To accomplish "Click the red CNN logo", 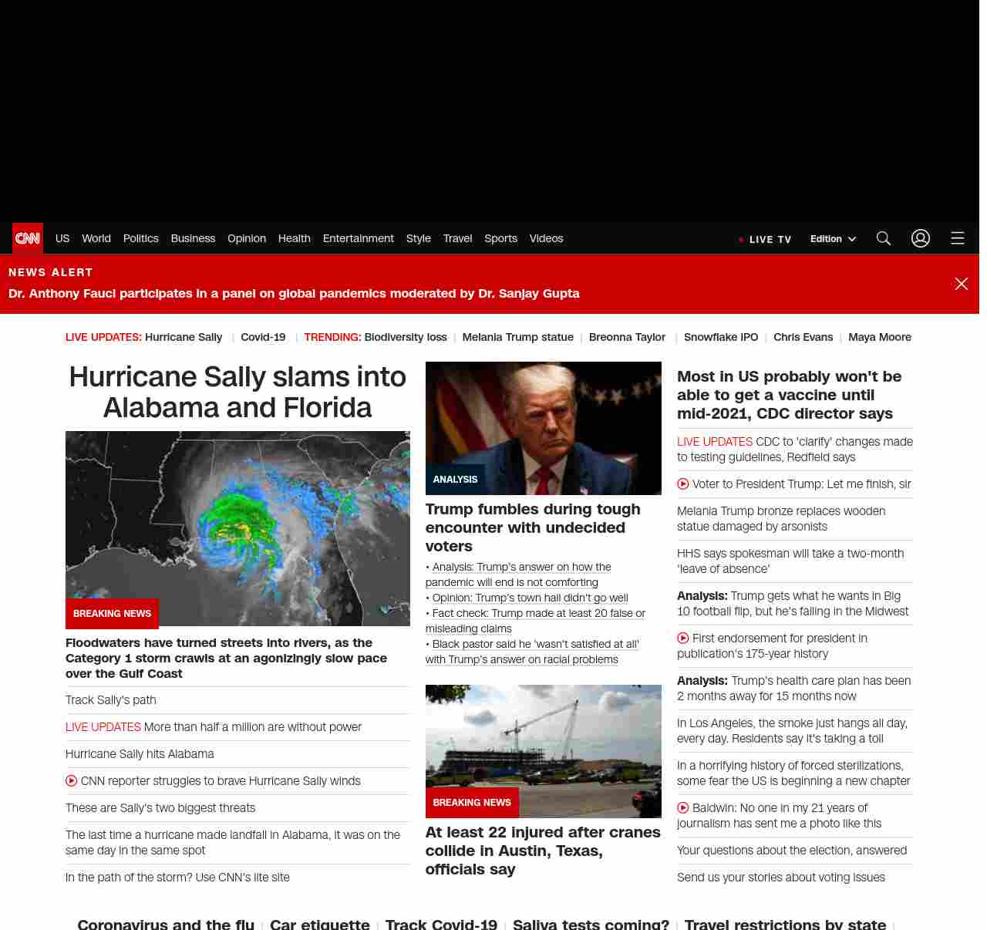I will [x=28, y=238].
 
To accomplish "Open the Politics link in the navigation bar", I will [x=140, y=238].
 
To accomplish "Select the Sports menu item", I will [x=500, y=238].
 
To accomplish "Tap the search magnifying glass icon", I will [x=884, y=238].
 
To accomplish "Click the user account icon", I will [x=921, y=238].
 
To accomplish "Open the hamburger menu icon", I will [x=958, y=238].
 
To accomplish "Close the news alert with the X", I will [x=962, y=284].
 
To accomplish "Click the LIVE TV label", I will [x=770, y=239].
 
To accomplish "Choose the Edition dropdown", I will [x=833, y=239].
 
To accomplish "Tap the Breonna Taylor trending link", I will [x=627, y=337].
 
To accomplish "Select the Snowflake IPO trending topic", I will [x=721, y=337].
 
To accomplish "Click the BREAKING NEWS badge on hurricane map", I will [x=112, y=614].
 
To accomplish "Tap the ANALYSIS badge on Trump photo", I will [x=455, y=480].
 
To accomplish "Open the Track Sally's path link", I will [x=111, y=700].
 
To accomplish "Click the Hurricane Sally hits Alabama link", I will [x=140, y=754].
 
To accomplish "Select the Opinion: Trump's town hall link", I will [x=530, y=598].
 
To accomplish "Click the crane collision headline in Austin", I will [x=543, y=851].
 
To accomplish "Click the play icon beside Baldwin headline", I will [x=682, y=808].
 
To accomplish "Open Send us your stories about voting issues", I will [x=780, y=878].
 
